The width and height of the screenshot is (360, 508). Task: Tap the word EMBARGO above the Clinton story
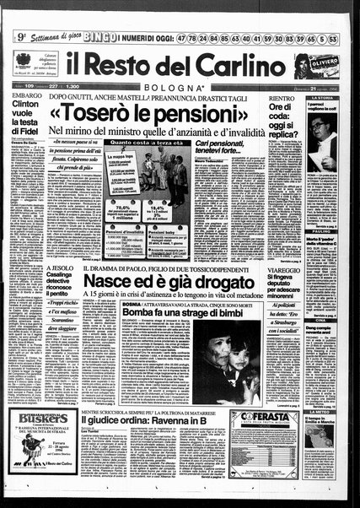click(28, 99)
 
